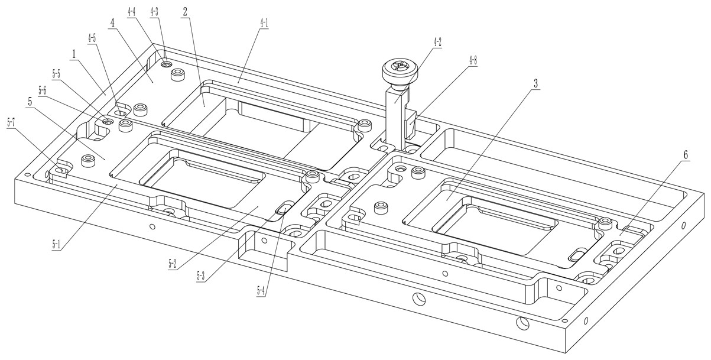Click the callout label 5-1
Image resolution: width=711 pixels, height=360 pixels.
pos(57,244)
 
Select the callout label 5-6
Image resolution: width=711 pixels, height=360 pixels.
pos(43,90)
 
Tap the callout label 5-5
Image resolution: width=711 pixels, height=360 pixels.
pos(57,74)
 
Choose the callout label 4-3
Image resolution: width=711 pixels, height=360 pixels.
pos(154,11)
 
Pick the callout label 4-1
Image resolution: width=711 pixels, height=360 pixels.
pos(262,24)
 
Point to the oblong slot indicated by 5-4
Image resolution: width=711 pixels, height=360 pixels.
pos(284,207)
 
